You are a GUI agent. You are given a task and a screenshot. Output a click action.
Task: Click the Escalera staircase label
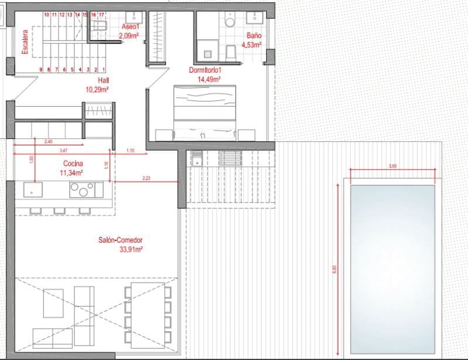(x=25, y=42)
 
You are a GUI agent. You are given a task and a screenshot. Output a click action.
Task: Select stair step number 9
(x=40, y=70)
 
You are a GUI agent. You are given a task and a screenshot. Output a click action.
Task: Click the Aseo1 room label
(x=129, y=27)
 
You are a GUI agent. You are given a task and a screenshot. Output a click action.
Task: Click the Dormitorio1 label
(x=205, y=70)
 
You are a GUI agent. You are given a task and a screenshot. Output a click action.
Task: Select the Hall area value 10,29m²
(x=98, y=90)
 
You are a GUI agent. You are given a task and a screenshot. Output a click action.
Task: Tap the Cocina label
(x=73, y=164)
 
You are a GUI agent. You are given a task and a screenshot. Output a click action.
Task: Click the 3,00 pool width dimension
(x=392, y=167)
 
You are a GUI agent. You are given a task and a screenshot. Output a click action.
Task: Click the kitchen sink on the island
(x=32, y=189)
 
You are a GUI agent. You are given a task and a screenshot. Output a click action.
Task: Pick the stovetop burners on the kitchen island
(x=82, y=189)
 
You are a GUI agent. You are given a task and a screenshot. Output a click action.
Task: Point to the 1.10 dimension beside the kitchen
(x=130, y=151)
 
